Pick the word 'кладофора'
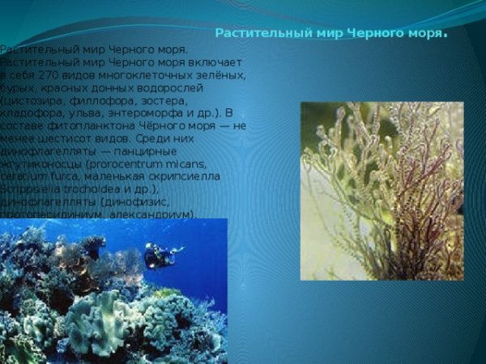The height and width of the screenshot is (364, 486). click(29, 113)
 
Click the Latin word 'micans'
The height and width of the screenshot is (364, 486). click(161, 164)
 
